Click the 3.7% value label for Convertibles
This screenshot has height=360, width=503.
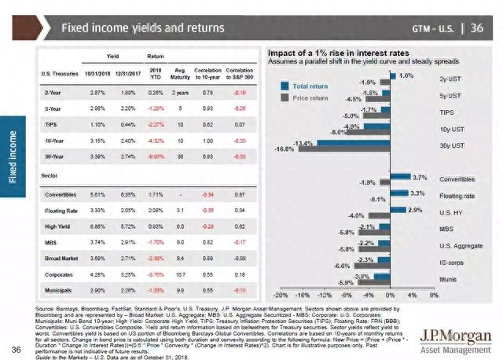[419, 178]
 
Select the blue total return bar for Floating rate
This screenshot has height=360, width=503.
[398, 193]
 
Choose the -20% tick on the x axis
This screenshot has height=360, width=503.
[278, 295]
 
